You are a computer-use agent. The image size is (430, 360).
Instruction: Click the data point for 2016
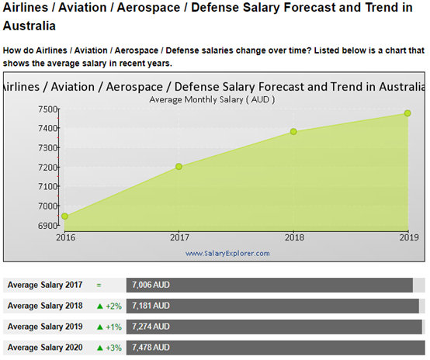tap(64, 216)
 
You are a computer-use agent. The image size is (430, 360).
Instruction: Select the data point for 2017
tap(179, 167)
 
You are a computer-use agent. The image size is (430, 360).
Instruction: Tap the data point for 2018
tap(293, 132)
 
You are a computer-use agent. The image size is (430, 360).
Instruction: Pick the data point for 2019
tap(407, 113)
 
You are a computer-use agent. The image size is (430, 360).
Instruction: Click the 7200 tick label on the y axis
tap(47, 168)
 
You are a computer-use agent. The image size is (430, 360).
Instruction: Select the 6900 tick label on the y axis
tap(47, 226)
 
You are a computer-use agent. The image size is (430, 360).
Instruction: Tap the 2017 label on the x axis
tap(179, 237)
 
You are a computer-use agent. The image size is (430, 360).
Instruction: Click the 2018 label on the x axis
tap(294, 237)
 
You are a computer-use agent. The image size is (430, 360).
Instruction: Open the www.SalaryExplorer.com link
tap(227, 253)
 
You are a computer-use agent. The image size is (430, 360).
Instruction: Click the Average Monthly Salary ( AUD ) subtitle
tap(212, 99)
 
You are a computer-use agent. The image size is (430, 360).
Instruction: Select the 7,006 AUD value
tap(151, 285)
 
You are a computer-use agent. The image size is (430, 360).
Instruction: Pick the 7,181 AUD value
tap(151, 306)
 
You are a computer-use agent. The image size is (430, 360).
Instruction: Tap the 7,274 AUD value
tap(151, 327)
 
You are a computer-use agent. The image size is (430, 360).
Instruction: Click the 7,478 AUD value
tap(151, 348)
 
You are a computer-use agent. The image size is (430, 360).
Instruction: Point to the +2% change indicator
tap(113, 306)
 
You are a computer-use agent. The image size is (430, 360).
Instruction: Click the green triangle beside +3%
tap(100, 348)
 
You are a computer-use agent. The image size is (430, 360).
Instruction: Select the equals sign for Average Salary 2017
tap(99, 286)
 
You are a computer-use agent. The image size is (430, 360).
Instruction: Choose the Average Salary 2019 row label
tap(45, 327)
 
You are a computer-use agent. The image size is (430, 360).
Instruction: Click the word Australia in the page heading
tap(29, 26)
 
